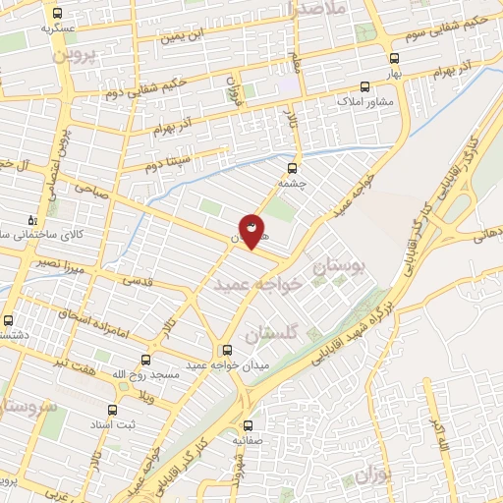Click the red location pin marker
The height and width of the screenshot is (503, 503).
[251, 230]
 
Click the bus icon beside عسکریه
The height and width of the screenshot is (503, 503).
[58, 14]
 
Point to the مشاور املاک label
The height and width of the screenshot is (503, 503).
[364, 101]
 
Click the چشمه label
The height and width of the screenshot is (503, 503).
[294, 182]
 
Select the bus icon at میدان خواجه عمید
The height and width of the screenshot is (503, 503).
[227, 350]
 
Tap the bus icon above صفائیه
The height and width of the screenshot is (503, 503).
[248, 426]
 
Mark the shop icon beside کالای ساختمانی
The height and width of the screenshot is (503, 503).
[33, 220]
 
